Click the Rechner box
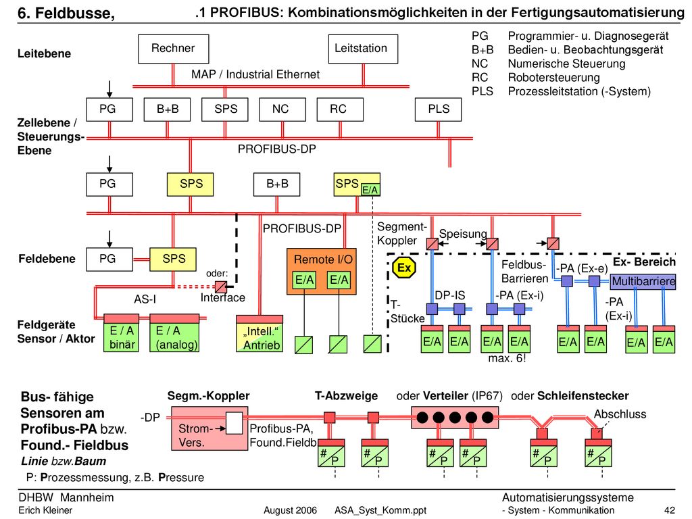pyautogui.click(x=173, y=49)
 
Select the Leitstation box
pyautogui.click(x=363, y=49)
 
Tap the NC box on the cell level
pyautogui.click(x=282, y=109)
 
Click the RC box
pyautogui.click(x=340, y=109)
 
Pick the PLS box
pyautogui.click(x=438, y=109)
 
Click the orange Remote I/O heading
pyautogui.click(x=323, y=259)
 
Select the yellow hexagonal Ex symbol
pyautogui.click(x=404, y=268)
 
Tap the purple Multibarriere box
pyautogui.click(x=643, y=282)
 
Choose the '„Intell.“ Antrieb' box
pyautogui.click(x=259, y=338)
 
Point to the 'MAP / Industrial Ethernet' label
pyautogui.click(x=255, y=74)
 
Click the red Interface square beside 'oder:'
pyautogui.click(x=221, y=287)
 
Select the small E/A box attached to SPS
pyautogui.click(x=370, y=190)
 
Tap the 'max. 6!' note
pyautogui.click(x=507, y=358)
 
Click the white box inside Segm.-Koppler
pyautogui.click(x=234, y=423)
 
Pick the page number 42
pyautogui.click(x=669, y=511)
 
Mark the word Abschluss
pyautogui.click(x=620, y=414)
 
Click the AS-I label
pyautogui.click(x=145, y=299)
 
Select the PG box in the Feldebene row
pyautogui.click(x=109, y=259)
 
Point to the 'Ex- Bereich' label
pyautogui.click(x=644, y=262)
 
